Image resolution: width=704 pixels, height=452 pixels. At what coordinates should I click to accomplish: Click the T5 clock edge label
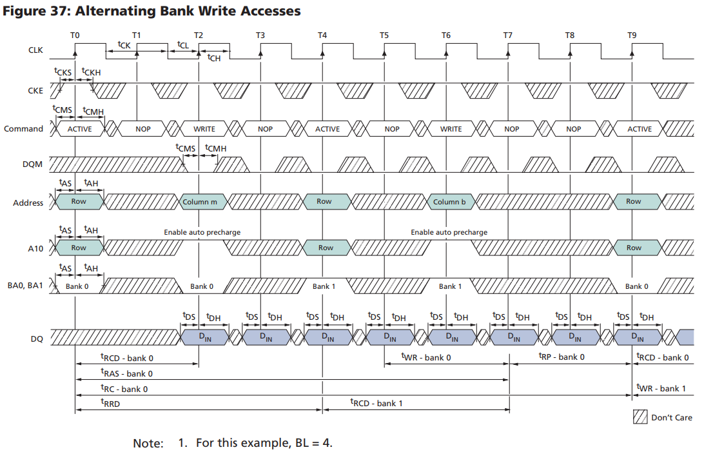(384, 35)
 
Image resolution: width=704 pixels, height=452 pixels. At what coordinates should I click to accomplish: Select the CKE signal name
(35, 90)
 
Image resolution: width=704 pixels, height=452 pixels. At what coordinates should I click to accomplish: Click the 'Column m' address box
(200, 202)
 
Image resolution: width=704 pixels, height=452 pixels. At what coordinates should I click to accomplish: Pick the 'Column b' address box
(449, 202)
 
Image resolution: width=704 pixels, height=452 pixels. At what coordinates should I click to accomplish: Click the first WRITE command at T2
(204, 129)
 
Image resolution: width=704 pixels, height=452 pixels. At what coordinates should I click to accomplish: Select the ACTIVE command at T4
(327, 129)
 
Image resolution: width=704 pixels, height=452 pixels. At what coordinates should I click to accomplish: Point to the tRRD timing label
(110, 404)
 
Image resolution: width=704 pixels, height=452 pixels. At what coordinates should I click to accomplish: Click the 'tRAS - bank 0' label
(126, 373)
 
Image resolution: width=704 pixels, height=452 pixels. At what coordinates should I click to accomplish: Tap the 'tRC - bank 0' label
(124, 389)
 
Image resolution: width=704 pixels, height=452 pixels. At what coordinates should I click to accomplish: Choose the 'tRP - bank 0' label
(562, 357)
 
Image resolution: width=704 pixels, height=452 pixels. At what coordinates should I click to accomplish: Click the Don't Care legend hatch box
(640, 417)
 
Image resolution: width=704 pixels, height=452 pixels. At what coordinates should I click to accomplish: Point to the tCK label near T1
(124, 44)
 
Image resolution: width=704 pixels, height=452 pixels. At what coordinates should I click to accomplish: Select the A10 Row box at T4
(326, 248)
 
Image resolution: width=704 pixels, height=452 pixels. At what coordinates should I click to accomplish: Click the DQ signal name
(36, 337)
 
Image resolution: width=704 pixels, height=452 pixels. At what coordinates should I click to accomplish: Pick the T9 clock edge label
(632, 35)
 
